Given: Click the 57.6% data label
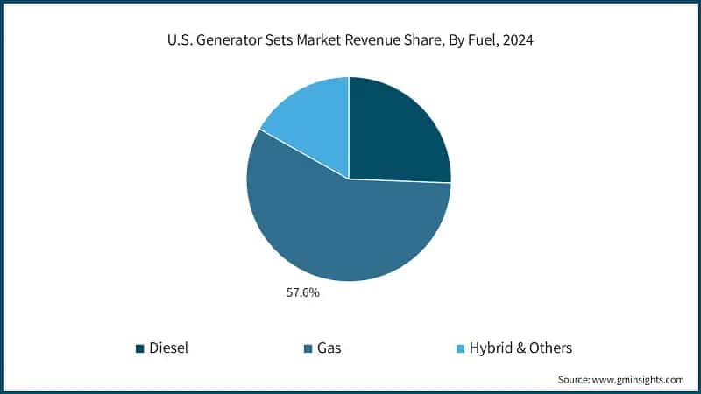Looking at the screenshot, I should (302, 292).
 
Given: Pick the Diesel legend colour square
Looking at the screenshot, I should (140, 348).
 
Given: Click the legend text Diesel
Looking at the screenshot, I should (168, 348).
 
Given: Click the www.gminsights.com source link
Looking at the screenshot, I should (641, 379).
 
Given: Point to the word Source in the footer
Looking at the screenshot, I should (576, 379).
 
